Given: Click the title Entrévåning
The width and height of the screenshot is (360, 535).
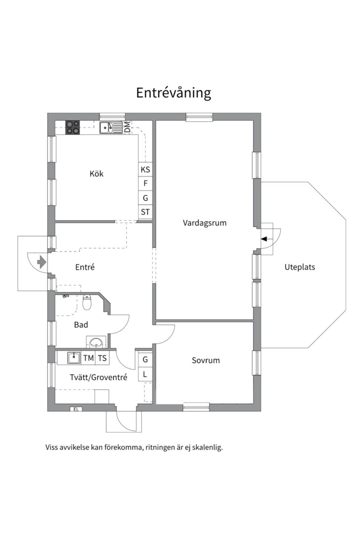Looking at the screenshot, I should [x=174, y=93].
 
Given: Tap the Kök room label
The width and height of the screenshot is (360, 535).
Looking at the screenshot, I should [x=97, y=174].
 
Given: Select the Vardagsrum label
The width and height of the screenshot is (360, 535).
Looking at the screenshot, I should [x=205, y=223].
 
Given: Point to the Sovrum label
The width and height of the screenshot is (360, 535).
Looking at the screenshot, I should [x=206, y=360].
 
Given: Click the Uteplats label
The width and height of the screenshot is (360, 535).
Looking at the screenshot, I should [x=300, y=267].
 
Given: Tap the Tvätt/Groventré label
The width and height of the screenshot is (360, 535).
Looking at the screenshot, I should [x=99, y=377].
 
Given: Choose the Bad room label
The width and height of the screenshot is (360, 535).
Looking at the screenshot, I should [x=81, y=325].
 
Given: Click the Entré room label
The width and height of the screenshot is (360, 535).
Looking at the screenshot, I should [x=85, y=267].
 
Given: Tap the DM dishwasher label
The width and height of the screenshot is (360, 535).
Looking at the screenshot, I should [x=127, y=127].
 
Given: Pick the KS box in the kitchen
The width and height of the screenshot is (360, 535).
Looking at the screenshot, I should [x=145, y=169].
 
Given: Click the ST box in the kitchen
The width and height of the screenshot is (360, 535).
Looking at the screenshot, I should [x=145, y=212].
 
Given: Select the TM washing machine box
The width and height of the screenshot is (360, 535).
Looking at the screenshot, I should [x=88, y=358].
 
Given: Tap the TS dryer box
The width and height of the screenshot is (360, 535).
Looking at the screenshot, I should [x=102, y=358].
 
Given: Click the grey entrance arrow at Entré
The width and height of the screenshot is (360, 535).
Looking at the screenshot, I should [x=42, y=261].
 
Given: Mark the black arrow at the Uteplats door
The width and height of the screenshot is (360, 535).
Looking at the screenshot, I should [x=264, y=239].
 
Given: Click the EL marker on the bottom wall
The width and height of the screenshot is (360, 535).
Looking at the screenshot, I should [x=76, y=409].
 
